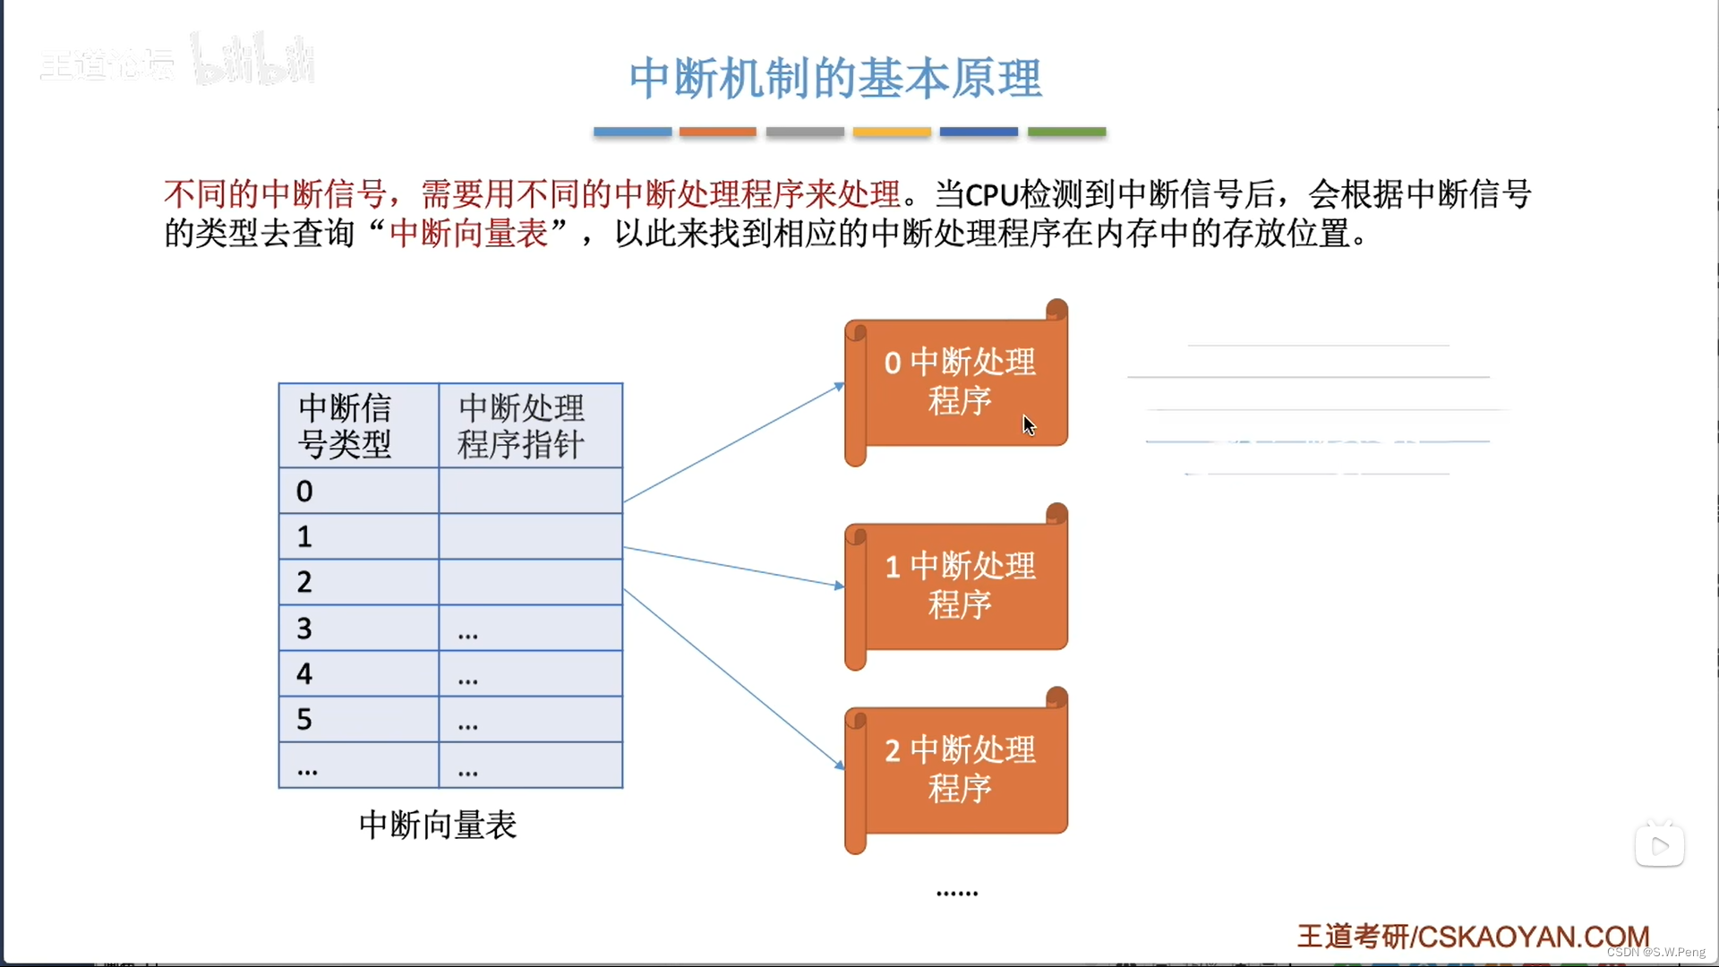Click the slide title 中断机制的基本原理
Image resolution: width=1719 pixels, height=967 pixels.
834,79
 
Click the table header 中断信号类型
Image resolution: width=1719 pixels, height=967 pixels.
345,426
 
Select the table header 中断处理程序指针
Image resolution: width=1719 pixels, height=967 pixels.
521,426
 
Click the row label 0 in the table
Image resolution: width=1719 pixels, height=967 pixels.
304,492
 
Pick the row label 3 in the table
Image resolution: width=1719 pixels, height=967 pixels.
304,629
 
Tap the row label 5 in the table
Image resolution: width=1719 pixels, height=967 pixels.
304,720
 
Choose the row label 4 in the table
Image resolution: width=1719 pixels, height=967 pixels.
304,674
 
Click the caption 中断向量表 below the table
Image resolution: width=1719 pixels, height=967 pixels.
438,826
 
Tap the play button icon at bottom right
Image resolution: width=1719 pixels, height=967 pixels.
1659,846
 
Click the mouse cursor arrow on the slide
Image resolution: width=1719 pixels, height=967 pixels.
1029,425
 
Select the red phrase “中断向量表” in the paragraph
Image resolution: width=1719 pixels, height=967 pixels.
468,235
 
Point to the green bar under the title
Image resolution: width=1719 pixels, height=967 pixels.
1066,132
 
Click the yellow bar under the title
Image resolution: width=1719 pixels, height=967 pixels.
892,132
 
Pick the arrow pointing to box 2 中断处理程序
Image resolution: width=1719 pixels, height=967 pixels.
734,678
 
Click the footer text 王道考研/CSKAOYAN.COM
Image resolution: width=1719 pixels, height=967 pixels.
1473,937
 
